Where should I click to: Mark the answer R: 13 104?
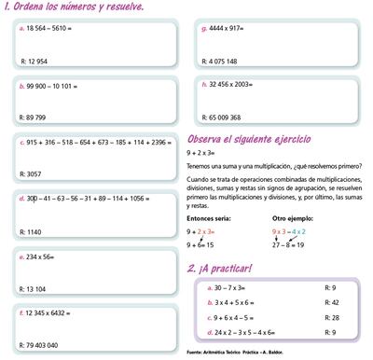point(35,288)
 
